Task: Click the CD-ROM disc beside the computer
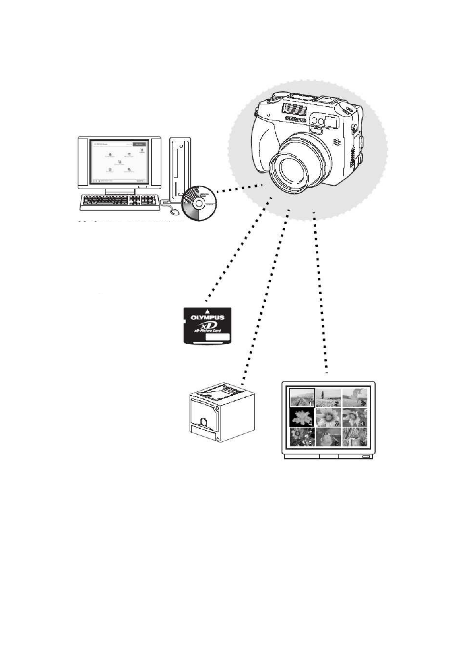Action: click(x=199, y=203)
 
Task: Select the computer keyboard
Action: click(x=119, y=201)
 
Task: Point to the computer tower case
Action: click(x=180, y=169)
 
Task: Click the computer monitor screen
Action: click(x=119, y=161)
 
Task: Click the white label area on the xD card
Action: click(x=218, y=337)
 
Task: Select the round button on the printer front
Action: click(x=204, y=421)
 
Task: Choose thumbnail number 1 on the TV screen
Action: click(x=302, y=397)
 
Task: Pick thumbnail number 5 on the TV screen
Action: click(x=328, y=418)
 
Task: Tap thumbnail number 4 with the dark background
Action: click(x=302, y=418)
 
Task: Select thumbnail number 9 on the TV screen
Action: click(x=355, y=437)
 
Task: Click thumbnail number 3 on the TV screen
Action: click(x=355, y=397)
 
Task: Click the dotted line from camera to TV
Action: click(x=320, y=294)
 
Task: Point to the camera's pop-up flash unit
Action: click(x=296, y=106)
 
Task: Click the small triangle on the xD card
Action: click(x=207, y=311)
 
